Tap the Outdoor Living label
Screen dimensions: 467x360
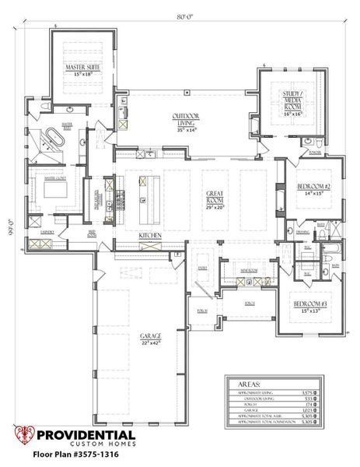point(186,119)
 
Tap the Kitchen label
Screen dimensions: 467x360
point(149,235)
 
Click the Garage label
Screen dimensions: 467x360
point(150,336)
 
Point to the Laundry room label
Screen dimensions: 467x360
point(37,231)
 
